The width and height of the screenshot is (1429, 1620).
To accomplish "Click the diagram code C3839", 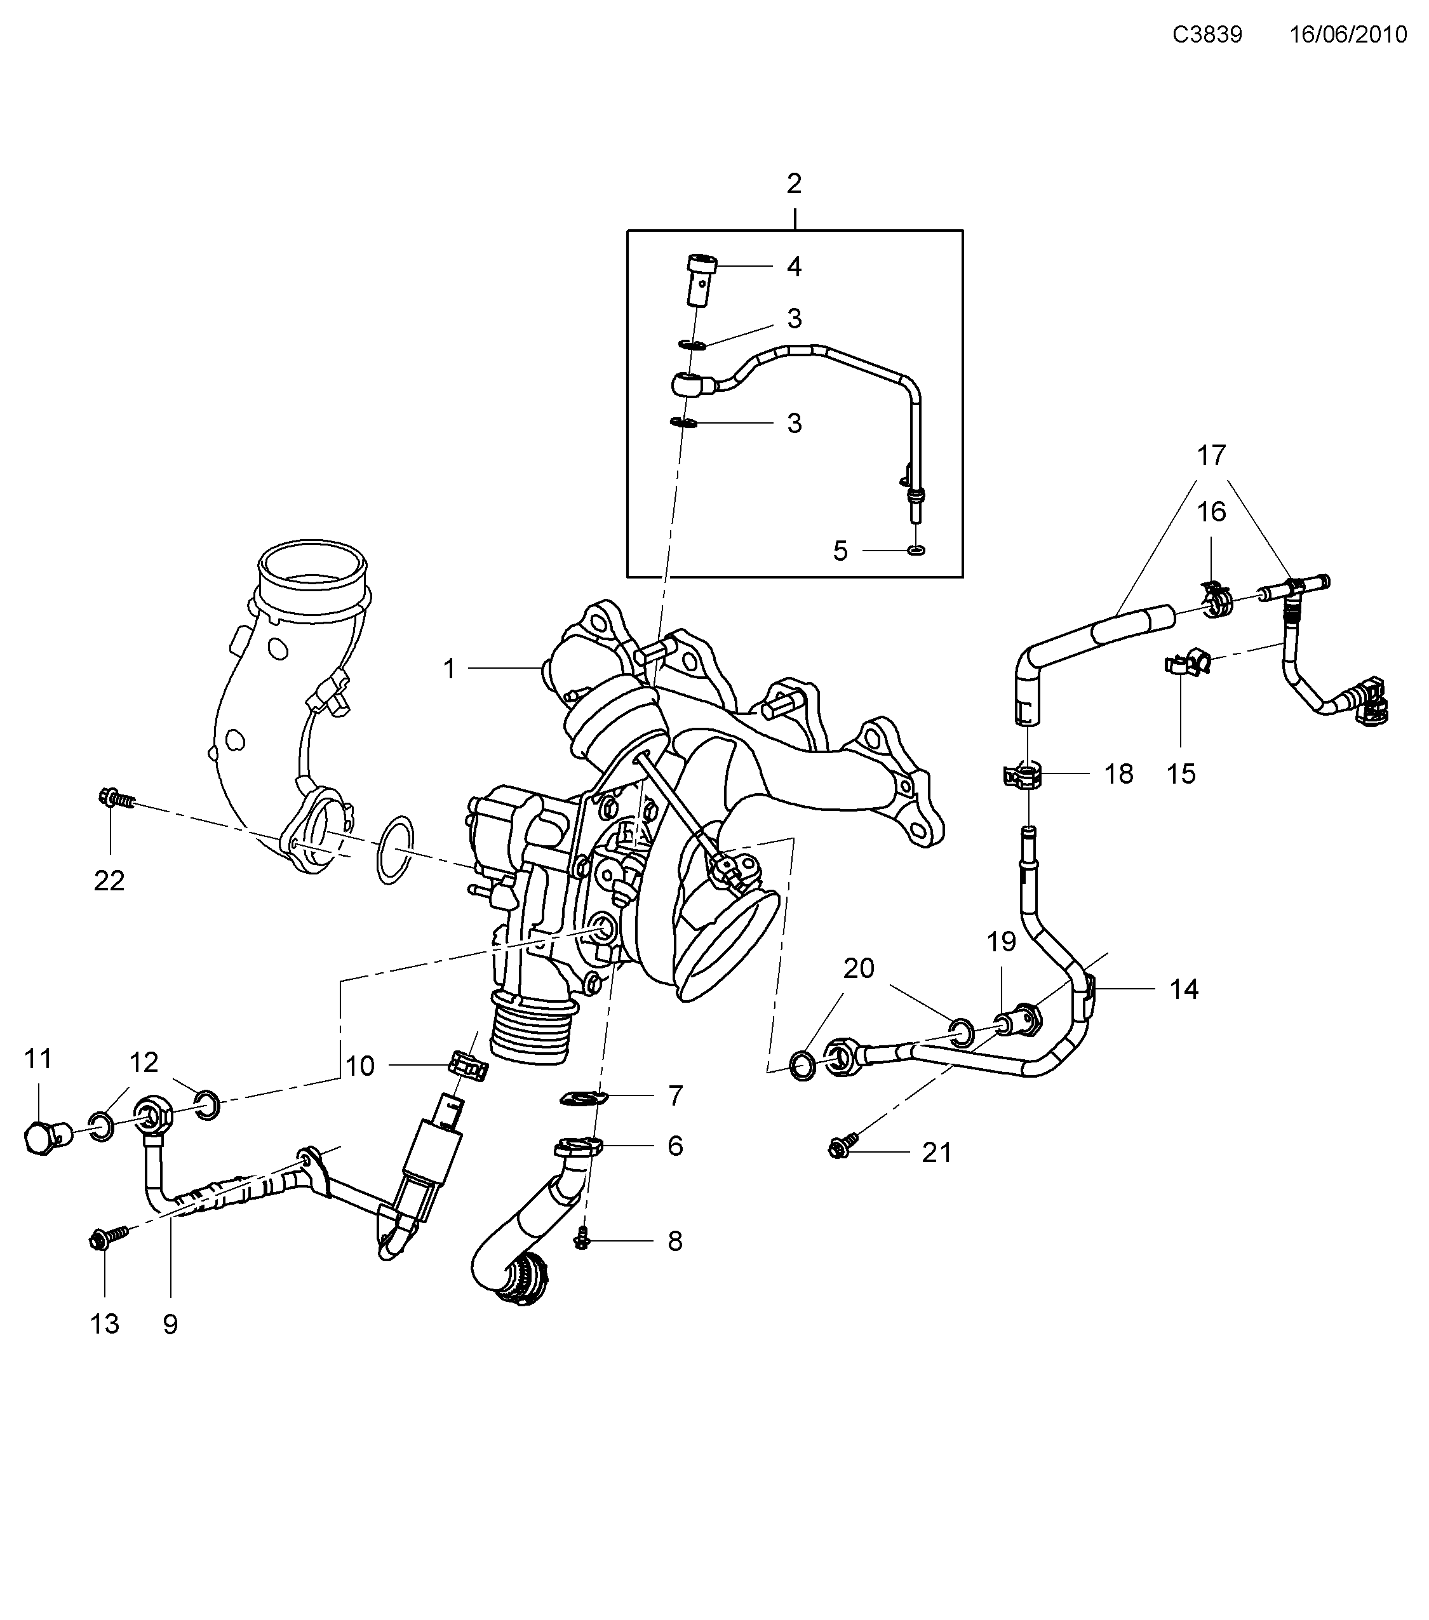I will (1207, 35).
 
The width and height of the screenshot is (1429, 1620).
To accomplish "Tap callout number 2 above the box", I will (794, 184).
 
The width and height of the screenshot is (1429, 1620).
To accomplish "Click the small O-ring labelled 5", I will (916, 550).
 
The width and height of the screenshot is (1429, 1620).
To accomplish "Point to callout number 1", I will (450, 669).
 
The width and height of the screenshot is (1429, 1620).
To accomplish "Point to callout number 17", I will (1211, 456).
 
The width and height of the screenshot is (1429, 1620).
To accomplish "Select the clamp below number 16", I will (1214, 603).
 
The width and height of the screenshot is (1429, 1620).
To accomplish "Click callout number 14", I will (1184, 989).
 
